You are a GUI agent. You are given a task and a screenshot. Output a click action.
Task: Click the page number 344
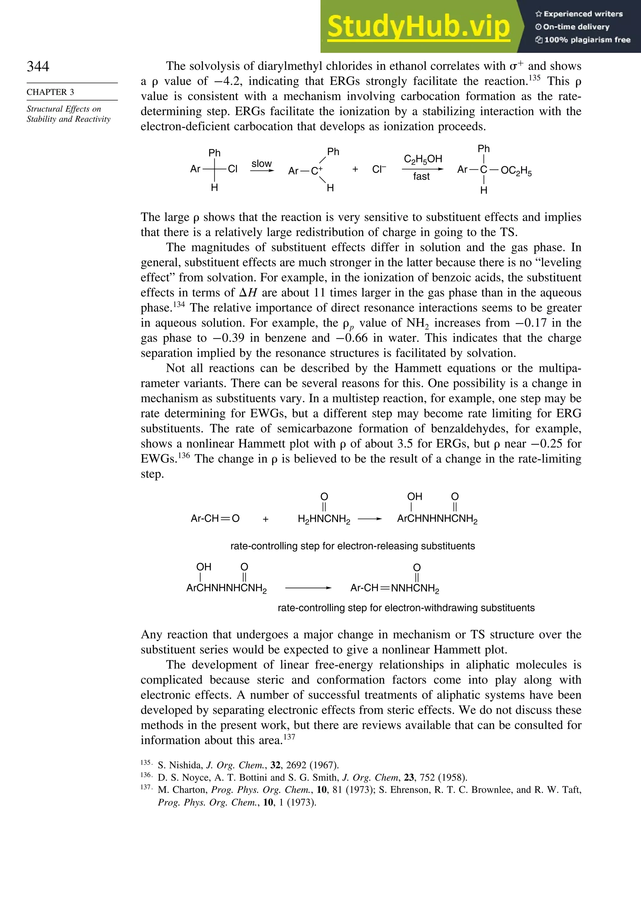click(38, 66)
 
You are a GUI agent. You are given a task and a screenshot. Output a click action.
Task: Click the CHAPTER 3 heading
click(50, 92)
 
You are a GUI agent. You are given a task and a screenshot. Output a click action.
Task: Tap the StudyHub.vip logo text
click(418, 26)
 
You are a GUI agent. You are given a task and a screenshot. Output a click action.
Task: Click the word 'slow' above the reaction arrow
click(261, 163)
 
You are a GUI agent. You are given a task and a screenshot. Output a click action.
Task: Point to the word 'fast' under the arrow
click(421, 176)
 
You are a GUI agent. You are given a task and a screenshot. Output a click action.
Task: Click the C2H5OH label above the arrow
click(423, 159)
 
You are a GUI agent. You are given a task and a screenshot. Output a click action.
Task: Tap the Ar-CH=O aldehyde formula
click(215, 519)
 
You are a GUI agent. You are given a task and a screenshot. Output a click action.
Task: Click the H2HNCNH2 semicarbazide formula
click(324, 519)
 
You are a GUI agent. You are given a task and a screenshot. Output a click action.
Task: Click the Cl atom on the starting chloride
click(232, 169)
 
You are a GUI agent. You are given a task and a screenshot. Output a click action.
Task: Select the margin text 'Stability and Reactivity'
click(69, 119)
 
